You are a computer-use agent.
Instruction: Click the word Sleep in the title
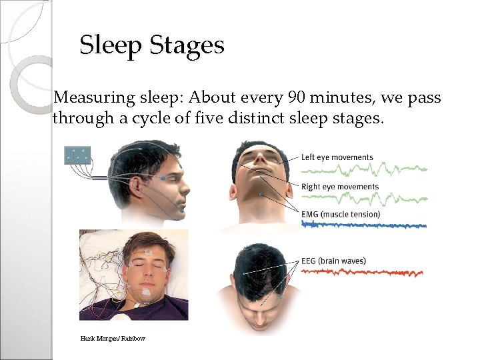click(111, 45)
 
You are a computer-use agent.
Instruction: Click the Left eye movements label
click(337, 157)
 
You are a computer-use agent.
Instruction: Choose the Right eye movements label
click(340, 187)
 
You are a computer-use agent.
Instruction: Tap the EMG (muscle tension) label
click(341, 214)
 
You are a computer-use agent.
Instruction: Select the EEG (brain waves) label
click(333, 261)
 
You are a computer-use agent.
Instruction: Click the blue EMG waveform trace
click(363, 225)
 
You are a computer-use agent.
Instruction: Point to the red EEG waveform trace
click(363, 272)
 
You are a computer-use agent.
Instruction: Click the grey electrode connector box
click(77, 155)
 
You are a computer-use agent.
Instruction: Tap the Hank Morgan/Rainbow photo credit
click(113, 339)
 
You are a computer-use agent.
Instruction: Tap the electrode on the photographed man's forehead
click(148, 251)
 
